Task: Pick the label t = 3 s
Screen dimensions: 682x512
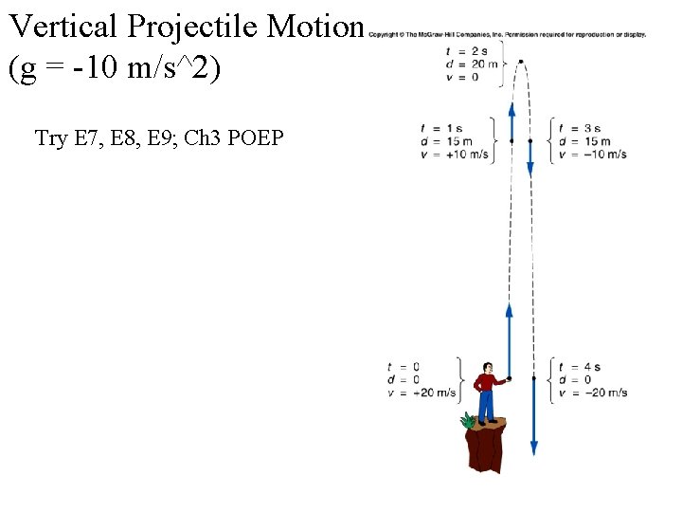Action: [580, 129]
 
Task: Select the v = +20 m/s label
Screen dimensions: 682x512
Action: [422, 393]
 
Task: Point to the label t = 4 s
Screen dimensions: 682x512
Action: [580, 367]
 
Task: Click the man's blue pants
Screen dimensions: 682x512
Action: [486, 407]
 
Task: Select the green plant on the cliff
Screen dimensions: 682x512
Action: [468, 420]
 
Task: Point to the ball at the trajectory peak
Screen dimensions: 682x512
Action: [521, 62]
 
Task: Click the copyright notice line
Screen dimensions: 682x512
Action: [507, 35]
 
